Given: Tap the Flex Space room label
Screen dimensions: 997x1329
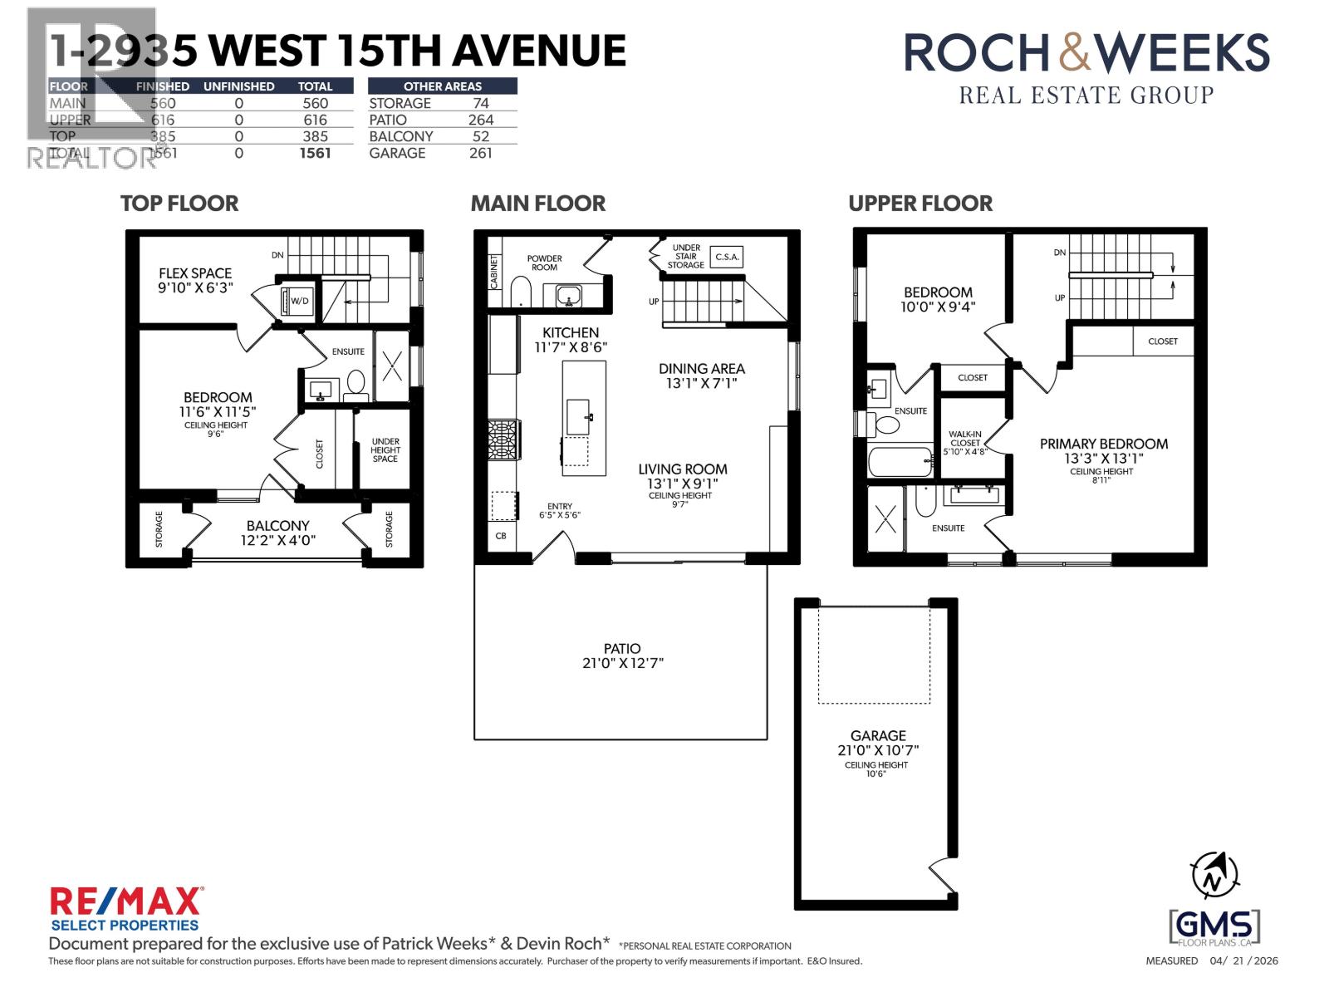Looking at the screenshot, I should (195, 273).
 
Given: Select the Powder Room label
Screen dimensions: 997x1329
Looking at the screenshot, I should (544, 263).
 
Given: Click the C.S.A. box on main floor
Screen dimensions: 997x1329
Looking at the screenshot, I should (726, 257).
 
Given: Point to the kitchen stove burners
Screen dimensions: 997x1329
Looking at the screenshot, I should (504, 440).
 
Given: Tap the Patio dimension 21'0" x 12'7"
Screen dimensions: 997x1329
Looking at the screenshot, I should (622, 663).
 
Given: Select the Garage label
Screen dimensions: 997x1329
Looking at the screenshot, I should (878, 735).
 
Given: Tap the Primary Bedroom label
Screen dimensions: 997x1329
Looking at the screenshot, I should (1103, 444).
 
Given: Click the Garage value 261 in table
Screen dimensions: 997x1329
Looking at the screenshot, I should (480, 153).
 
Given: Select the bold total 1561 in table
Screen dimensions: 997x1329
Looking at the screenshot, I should (315, 153).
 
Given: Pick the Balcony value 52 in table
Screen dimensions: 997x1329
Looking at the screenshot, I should (480, 136).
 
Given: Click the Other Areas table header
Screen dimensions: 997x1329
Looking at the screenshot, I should (442, 86).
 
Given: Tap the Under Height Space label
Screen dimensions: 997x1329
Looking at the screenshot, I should (385, 449).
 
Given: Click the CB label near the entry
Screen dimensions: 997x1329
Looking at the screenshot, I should (501, 536).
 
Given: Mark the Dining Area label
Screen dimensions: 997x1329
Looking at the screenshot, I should (701, 368).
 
